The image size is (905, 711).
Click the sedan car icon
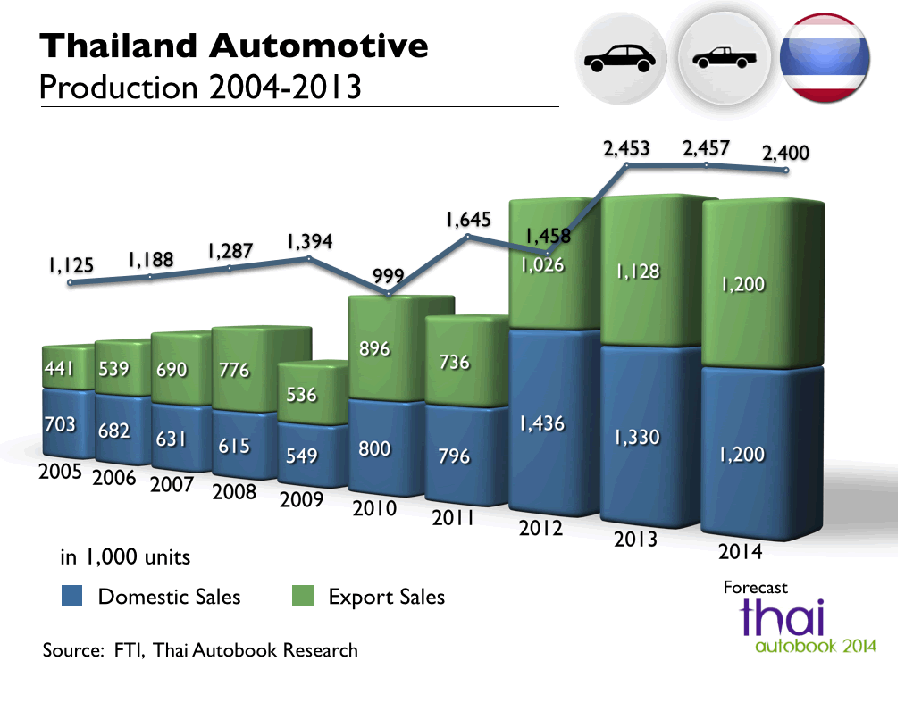(619, 60)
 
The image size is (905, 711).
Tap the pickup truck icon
(725, 60)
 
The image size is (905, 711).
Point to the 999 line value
(389, 276)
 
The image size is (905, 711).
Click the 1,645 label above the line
(468, 219)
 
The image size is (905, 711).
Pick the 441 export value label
(61, 369)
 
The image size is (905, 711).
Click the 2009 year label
(301, 499)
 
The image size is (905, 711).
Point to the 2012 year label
(540, 528)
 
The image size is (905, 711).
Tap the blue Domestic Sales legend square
(72, 596)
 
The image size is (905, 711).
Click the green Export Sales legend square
(304, 596)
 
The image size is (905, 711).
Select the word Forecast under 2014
(756, 587)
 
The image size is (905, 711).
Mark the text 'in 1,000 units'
(125, 557)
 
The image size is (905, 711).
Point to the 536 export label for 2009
(302, 393)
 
